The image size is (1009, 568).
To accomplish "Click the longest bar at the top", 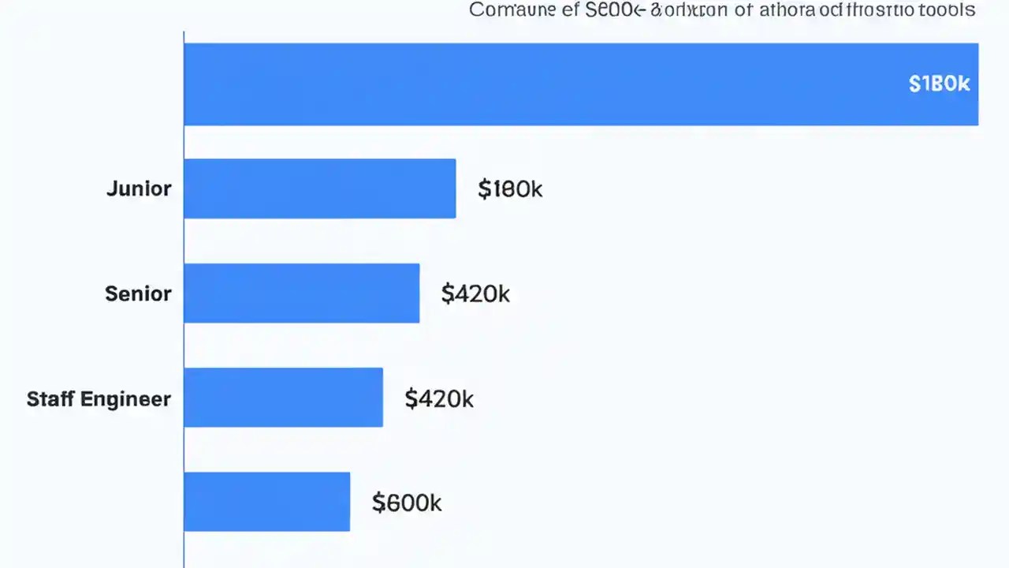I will point(581,84).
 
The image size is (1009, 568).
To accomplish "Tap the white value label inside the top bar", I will point(939,84).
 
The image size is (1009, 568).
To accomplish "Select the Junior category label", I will point(139,189).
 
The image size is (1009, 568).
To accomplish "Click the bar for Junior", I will point(319,189).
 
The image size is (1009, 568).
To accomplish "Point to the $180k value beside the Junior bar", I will point(510,189).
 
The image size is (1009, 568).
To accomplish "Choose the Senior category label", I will point(138,293).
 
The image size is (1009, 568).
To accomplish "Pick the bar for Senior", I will point(301,293).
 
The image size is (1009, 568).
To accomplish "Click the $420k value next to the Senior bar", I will point(475,294).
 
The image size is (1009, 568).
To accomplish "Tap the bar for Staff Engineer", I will point(283,398).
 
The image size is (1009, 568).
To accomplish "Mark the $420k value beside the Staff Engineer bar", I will point(439,399).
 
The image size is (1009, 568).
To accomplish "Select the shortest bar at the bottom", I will point(266,502).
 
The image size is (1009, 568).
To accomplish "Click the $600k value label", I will point(407,503).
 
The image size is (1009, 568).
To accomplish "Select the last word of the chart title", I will point(950,10).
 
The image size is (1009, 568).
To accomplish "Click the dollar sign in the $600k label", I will point(378,503).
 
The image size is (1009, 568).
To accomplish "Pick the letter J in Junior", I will point(112,189).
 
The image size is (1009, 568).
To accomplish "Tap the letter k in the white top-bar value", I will point(963,84).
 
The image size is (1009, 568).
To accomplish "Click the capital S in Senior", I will point(111,293).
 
